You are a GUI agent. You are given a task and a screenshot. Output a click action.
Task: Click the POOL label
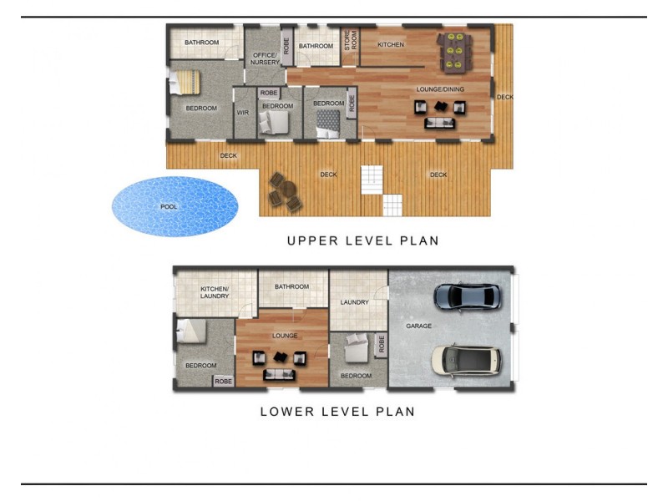click(x=169, y=206)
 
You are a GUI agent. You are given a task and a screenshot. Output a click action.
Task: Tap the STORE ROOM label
click(x=350, y=40)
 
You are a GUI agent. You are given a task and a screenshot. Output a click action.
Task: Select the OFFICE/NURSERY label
click(x=265, y=58)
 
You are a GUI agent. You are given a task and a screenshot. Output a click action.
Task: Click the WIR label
click(x=242, y=113)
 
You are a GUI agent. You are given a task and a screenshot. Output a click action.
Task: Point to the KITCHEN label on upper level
click(x=391, y=44)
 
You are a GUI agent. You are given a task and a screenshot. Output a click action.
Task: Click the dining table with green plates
click(x=454, y=53)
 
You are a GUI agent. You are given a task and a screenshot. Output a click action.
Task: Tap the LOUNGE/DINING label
click(x=440, y=89)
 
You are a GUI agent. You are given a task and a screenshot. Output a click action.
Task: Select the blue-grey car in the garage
click(x=468, y=296)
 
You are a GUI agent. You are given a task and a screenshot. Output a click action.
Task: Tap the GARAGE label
click(x=418, y=326)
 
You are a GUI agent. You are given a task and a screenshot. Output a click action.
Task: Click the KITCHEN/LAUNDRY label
click(x=215, y=292)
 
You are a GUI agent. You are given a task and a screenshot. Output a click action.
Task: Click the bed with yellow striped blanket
click(x=185, y=82)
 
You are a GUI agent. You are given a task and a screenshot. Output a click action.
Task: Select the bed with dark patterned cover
click(x=328, y=124)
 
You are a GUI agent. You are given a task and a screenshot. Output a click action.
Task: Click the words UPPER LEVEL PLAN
click(x=363, y=240)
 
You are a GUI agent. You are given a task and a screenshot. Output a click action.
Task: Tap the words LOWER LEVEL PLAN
click(x=337, y=412)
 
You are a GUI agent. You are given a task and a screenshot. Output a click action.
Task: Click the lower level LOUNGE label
click(x=285, y=336)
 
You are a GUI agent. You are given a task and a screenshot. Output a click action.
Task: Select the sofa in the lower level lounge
click(x=279, y=374)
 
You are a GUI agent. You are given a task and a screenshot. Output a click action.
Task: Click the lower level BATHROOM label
click(x=291, y=286)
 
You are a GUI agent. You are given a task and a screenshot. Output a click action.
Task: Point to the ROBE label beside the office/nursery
click(x=286, y=46)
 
